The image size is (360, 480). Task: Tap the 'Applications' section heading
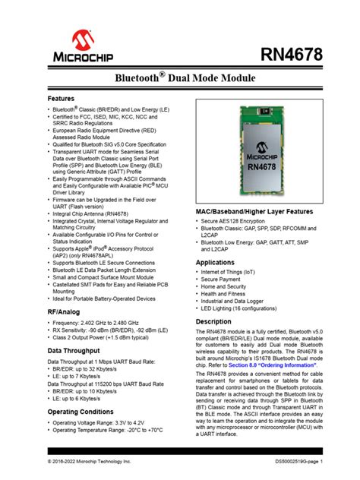point(216,262)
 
